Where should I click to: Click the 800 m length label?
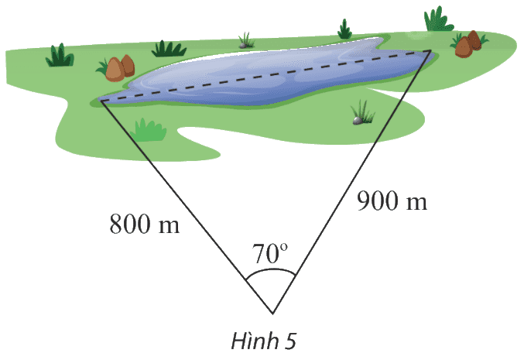coord(145,223)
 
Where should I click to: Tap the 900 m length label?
coord(392,201)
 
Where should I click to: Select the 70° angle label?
coord(269,254)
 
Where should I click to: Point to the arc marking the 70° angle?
coord(271,269)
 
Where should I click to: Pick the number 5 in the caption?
coord(290,341)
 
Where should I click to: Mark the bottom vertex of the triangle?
coord(272,314)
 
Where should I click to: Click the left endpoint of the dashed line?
coord(101,101)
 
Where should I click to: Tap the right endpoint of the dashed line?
coord(430,50)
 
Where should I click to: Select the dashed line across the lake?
coord(265,76)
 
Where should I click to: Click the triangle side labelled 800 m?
coord(187,207)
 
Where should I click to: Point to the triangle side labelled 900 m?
coord(351,182)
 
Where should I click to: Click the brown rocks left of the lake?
coord(120,68)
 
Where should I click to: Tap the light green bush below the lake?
coord(149,129)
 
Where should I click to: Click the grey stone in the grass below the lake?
coord(358,120)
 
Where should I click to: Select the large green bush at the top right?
coord(438,19)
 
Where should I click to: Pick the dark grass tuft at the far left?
coord(60,55)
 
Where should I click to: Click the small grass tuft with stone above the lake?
coord(246,41)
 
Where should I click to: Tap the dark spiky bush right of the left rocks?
coord(169,49)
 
